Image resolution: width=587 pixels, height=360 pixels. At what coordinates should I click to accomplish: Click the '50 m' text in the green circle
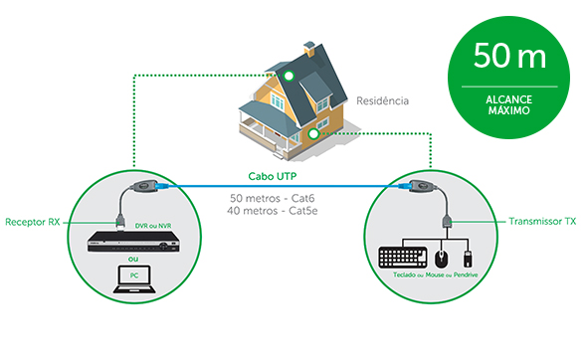[509, 55]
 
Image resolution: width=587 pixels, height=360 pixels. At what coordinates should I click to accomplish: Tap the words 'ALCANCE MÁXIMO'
[509, 105]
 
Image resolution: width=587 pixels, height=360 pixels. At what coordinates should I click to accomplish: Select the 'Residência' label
[382, 100]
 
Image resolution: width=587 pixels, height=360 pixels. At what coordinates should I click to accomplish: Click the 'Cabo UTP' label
[273, 176]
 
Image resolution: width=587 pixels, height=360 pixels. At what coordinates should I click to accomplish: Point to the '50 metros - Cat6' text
[273, 198]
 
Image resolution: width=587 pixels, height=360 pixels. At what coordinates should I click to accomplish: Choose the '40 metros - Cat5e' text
[273, 211]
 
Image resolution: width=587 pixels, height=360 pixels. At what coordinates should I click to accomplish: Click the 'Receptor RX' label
[33, 222]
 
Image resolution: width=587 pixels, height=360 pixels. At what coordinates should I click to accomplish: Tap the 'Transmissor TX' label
[542, 221]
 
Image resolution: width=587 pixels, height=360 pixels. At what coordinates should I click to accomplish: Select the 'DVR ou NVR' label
[153, 226]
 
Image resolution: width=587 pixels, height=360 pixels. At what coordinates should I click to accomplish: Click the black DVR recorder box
[134, 242]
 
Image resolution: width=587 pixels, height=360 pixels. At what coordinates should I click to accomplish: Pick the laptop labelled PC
[134, 279]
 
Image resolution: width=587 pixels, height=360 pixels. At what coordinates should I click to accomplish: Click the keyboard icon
[403, 258]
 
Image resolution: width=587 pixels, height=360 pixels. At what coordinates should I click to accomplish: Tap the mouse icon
[442, 259]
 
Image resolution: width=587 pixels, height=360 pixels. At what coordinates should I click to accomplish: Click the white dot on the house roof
[289, 76]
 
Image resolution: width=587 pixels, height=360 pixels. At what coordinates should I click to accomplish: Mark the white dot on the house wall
[313, 133]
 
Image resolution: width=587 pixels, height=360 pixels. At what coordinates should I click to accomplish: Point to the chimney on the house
[309, 49]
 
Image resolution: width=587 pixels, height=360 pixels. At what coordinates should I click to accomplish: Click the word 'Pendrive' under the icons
[466, 274]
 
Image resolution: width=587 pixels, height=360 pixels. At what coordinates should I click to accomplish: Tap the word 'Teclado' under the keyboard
[404, 274]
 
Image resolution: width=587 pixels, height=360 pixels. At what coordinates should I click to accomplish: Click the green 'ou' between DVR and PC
[133, 259]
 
